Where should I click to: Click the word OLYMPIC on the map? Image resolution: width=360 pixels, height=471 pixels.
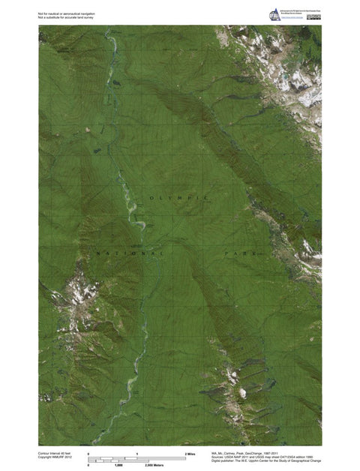point(178,197)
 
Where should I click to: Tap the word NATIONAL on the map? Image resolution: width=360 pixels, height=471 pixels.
point(127,254)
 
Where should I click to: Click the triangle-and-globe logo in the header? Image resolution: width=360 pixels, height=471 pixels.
point(274,14)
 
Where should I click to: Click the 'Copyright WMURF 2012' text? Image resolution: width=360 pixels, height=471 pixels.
point(55,458)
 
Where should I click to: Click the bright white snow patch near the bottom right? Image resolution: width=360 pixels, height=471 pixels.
point(242,392)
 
